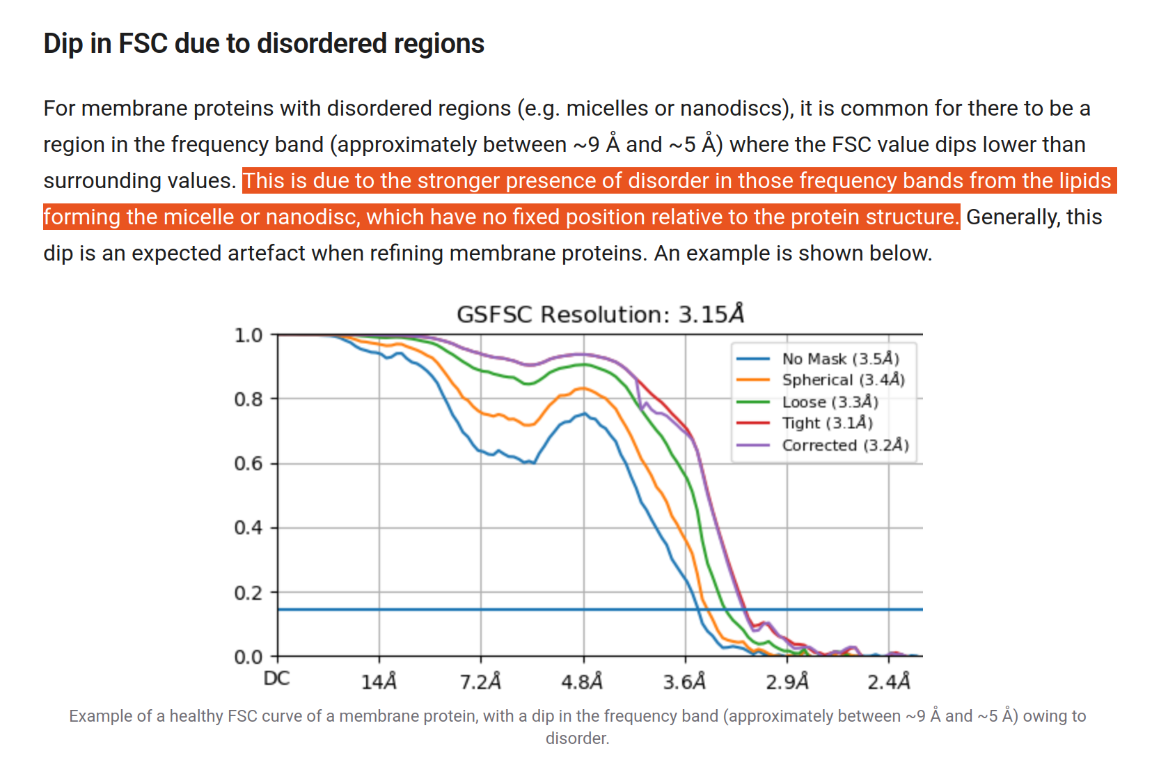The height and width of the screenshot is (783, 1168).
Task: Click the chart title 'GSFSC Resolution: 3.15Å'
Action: [x=600, y=314]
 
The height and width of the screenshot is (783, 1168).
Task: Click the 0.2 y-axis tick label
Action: [x=248, y=593]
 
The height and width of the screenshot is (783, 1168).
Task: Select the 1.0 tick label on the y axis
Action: [x=248, y=335]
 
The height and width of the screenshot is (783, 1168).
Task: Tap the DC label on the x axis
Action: [x=276, y=679]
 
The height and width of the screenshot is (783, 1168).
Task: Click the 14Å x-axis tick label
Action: [x=379, y=681]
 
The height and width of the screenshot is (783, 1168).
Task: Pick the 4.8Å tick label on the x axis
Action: [x=582, y=681]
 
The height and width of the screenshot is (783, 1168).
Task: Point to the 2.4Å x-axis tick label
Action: [x=888, y=681]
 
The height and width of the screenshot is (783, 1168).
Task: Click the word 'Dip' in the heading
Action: [x=63, y=44]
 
